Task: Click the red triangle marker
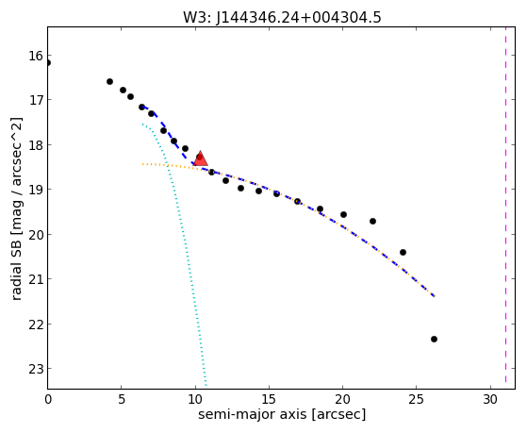pyautogui.click(x=200, y=158)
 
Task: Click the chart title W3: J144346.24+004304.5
pyautogui.click(x=282, y=17)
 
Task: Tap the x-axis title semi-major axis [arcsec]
pyautogui.click(x=282, y=414)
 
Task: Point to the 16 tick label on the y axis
pyautogui.click(x=36, y=56)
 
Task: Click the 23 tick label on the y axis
pyautogui.click(x=36, y=369)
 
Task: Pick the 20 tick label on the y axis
pyautogui.click(x=36, y=235)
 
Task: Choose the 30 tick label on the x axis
pyautogui.click(x=490, y=399)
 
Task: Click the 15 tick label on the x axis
pyautogui.click(x=269, y=399)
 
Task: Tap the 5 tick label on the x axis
pyautogui.click(x=122, y=399)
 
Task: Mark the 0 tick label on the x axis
pyautogui.click(x=48, y=399)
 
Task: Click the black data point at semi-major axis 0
pyautogui.click(x=48, y=63)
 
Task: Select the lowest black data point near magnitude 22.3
pyautogui.click(x=434, y=339)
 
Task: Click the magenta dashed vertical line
pyautogui.click(x=505, y=205)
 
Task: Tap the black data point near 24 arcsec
pyautogui.click(x=403, y=252)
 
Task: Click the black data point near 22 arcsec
pyautogui.click(x=372, y=222)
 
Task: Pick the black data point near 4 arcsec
pyautogui.click(x=109, y=82)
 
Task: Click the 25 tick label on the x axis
pyautogui.click(x=417, y=399)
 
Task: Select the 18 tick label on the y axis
pyautogui.click(x=36, y=145)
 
